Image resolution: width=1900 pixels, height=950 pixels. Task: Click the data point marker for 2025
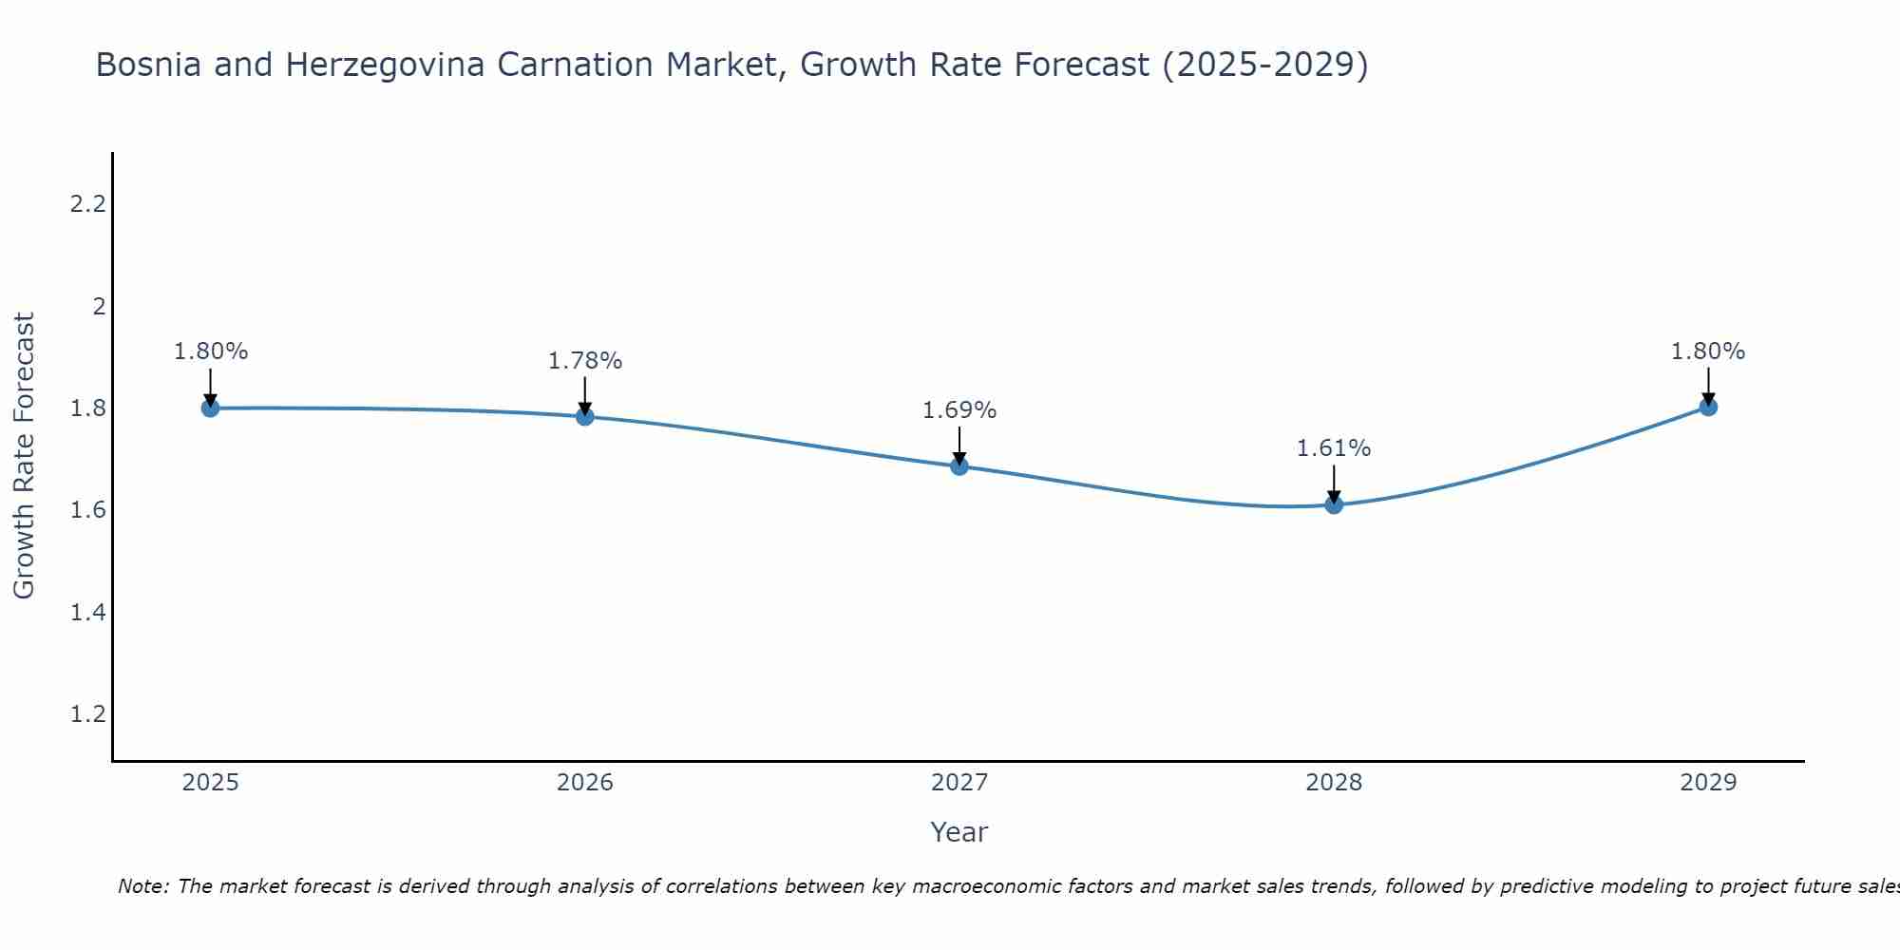210,408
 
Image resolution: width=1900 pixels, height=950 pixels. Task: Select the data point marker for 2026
585,416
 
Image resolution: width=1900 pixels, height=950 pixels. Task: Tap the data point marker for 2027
959,466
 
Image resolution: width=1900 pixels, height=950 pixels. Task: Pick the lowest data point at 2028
1334,504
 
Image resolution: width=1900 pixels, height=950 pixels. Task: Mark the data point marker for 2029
1708,408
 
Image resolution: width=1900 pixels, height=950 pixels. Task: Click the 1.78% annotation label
585,361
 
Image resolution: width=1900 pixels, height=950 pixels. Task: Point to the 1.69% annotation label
959,410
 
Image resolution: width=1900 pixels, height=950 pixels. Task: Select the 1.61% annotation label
1334,448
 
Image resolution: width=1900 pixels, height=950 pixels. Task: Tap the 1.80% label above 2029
1708,351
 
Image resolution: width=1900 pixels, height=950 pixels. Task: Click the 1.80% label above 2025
210,351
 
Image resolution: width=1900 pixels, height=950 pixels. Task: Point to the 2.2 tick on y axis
87,204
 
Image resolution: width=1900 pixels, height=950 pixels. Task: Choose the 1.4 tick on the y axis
87,613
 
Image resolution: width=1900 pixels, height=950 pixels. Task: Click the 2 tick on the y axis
98,306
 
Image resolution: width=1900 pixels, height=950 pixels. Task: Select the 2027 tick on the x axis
959,783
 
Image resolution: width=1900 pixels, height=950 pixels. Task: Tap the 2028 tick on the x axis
1334,783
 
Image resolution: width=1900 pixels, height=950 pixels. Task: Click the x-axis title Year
959,832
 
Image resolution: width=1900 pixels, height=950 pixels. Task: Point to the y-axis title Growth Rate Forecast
24,456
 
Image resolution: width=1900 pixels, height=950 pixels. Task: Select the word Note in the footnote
142,886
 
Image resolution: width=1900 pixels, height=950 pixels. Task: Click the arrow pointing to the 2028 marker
1334,483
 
